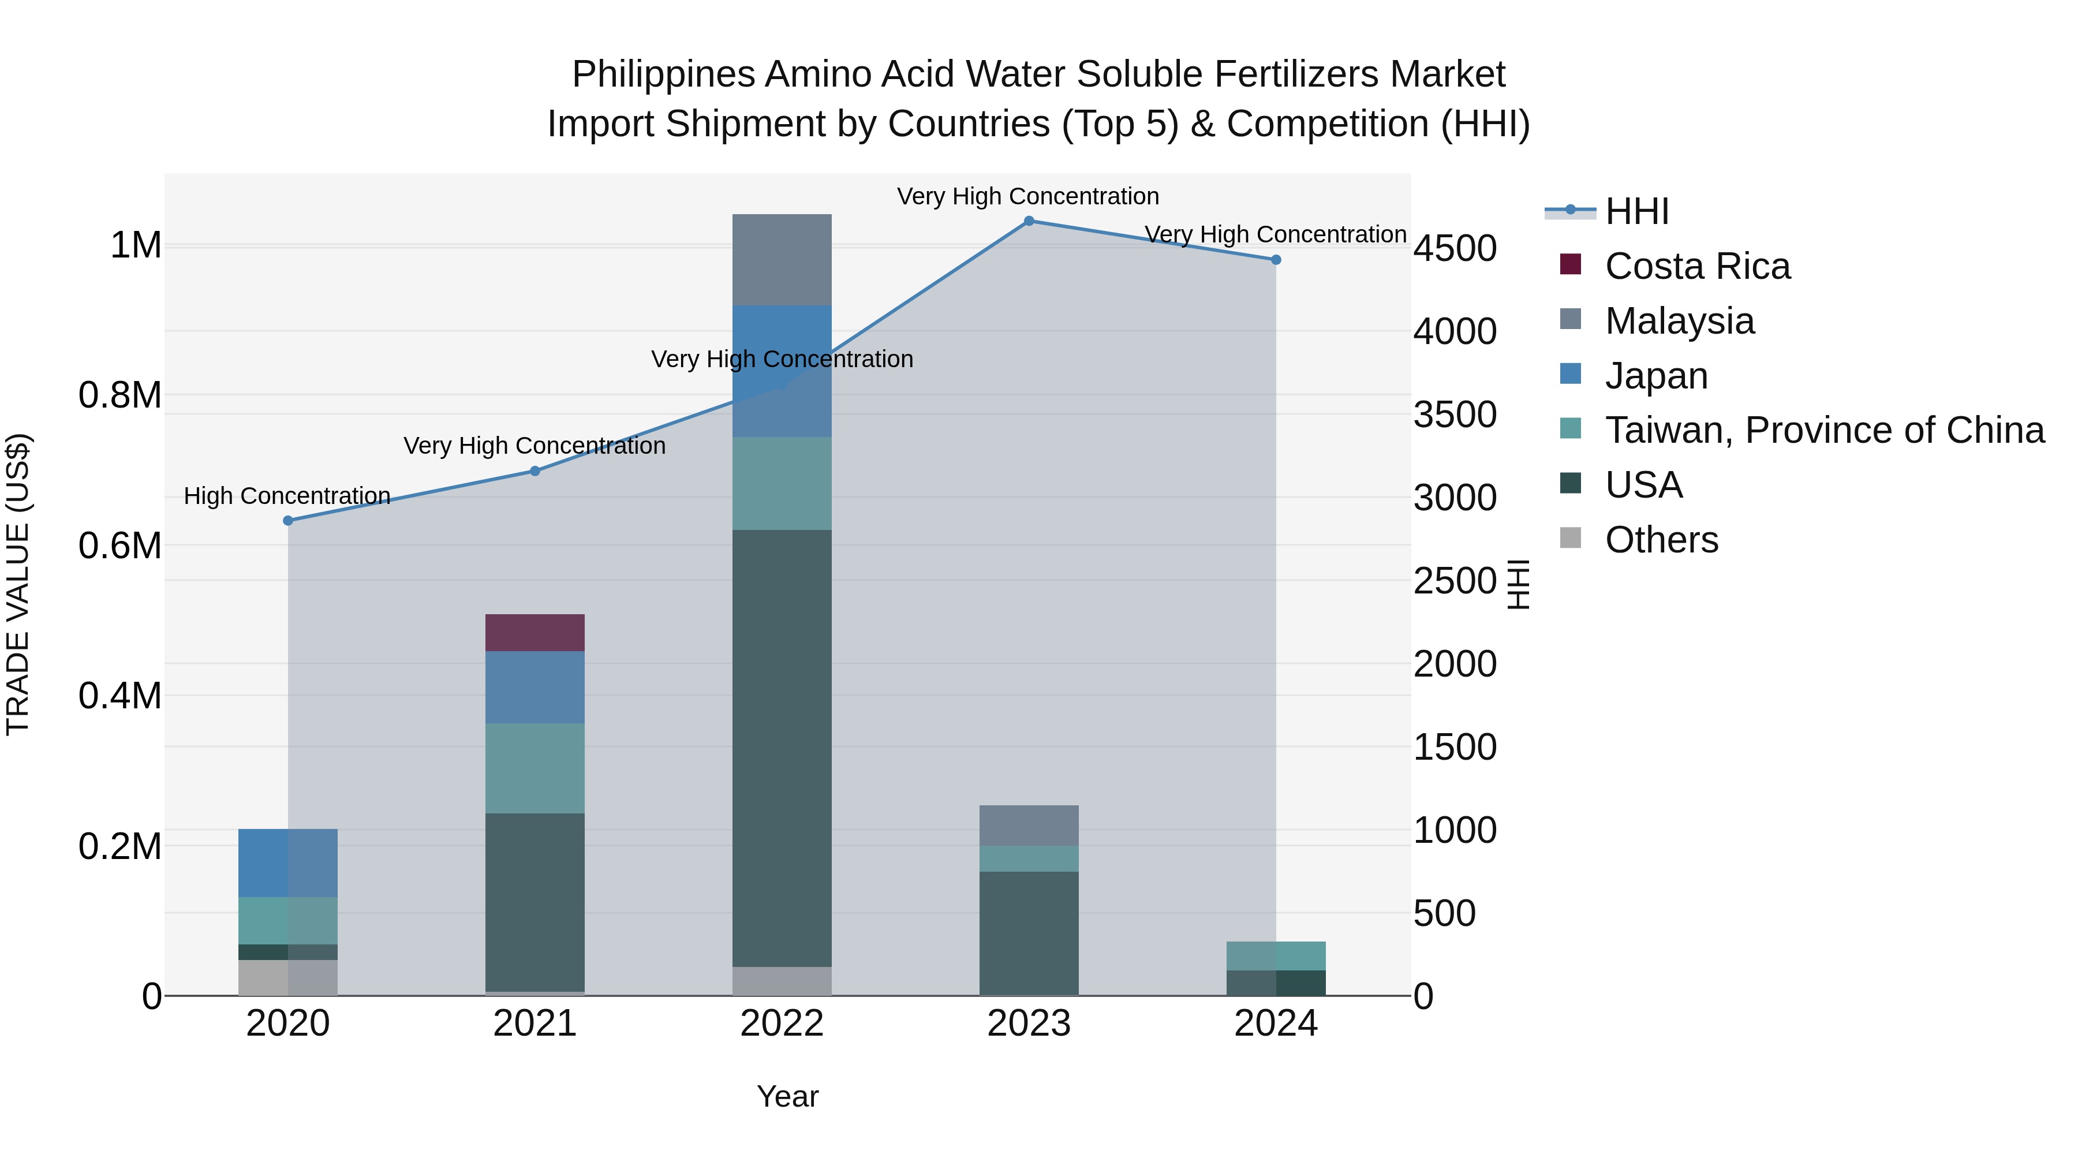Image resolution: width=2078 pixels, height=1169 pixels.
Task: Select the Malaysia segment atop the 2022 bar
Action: point(781,259)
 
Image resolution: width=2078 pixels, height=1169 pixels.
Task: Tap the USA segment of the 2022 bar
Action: point(781,747)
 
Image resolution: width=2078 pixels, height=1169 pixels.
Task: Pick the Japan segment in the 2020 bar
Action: point(287,862)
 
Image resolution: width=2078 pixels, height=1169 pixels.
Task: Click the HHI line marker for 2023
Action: point(1029,221)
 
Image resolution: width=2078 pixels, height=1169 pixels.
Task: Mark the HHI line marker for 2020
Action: point(288,520)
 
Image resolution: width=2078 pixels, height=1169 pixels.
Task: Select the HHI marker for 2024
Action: point(1275,260)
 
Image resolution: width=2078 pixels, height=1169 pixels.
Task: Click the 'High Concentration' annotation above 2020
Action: point(287,495)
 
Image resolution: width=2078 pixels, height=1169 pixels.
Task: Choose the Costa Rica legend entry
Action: point(1696,266)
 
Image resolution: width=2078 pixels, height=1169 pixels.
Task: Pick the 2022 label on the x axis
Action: point(781,1024)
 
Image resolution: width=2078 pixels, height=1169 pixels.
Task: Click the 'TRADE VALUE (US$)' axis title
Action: point(18,584)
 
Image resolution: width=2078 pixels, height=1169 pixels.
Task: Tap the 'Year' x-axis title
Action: point(787,1096)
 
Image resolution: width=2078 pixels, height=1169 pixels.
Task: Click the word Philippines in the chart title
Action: point(663,74)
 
